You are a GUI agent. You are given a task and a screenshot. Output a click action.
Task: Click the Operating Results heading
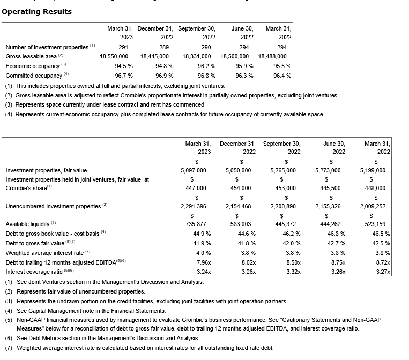[x=37, y=11]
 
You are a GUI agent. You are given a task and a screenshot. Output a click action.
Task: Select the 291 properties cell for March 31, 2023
[x=123, y=47]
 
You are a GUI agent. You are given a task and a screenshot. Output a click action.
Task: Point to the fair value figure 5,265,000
[x=282, y=170]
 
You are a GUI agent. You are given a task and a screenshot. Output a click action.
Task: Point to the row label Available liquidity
[x=27, y=224]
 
